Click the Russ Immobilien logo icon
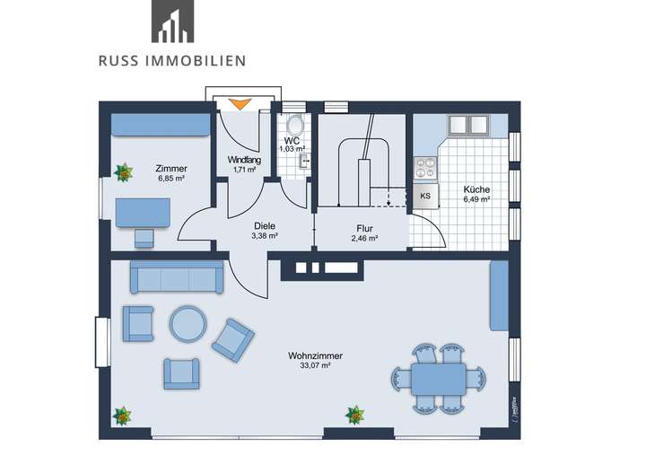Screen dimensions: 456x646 pyautogui.click(x=172, y=22)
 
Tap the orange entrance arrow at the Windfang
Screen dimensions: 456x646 pyautogui.click(x=239, y=103)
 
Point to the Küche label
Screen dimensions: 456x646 pyautogui.click(x=476, y=189)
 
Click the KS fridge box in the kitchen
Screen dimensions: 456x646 pyautogui.click(x=425, y=196)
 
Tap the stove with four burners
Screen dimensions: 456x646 pyautogui.click(x=423, y=167)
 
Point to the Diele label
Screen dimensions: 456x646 pyautogui.click(x=264, y=226)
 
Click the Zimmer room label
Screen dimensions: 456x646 pyautogui.click(x=170, y=168)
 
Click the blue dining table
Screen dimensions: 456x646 pyautogui.click(x=439, y=378)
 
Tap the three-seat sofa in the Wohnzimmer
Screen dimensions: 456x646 pyautogui.click(x=177, y=278)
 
